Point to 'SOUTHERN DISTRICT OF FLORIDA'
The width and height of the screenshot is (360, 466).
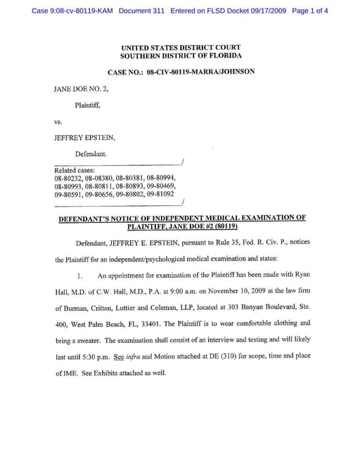coord(181,56)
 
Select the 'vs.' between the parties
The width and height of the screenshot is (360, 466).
coord(58,121)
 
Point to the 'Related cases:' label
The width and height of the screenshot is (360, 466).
coord(75,170)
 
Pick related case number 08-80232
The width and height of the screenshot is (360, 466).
coord(69,179)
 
